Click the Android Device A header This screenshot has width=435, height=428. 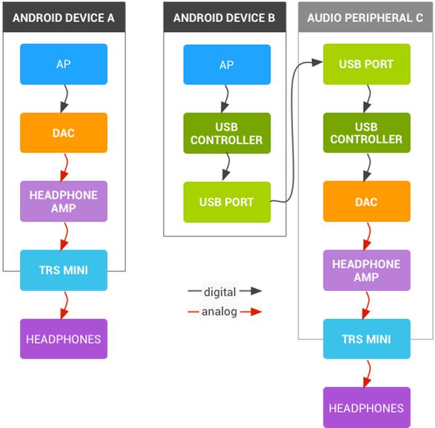coord(64,18)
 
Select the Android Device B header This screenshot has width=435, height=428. coord(224,18)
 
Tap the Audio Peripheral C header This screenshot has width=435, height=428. coord(365,18)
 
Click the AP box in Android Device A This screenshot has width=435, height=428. coord(64,64)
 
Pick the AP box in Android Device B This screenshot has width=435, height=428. coord(227,65)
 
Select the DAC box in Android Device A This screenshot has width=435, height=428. coord(64,132)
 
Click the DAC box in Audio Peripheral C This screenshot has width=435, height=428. coord(366,201)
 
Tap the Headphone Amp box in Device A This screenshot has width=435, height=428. coord(64,201)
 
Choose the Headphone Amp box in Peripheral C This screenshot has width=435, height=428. coord(366,270)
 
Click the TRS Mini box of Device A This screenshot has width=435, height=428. coord(64,270)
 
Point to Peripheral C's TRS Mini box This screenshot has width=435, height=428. coord(366,339)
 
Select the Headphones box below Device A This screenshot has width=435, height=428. coord(64,339)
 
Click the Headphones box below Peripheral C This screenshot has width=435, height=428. coord(366,408)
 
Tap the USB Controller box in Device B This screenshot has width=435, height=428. coord(227,133)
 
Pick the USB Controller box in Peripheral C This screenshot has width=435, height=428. coord(366,133)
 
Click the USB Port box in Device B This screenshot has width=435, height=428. coord(227,202)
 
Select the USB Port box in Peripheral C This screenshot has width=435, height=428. coord(366,64)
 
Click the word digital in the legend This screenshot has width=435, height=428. coord(220,292)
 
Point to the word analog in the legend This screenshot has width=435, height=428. coord(219,312)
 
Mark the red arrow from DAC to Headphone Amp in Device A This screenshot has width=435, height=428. coord(64,167)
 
